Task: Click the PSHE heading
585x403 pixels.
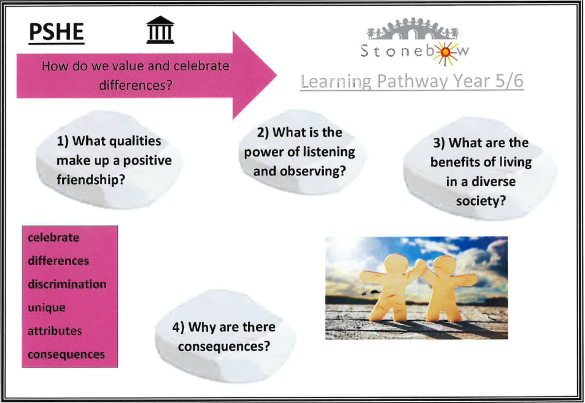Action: (x=57, y=32)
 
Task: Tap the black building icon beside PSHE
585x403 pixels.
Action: (x=160, y=30)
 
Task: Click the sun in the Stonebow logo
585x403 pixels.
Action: (x=444, y=53)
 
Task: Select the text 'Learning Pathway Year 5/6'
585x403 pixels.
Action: (x=411, y=81)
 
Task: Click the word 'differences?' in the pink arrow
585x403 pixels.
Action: (x=136, y=85)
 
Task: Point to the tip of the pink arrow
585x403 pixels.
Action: (x=277, y=75)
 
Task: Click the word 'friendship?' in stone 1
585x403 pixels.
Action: (x=91, y=180)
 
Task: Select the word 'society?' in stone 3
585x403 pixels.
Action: (x=481, y=201)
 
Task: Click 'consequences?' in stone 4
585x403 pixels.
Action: (x=224, y=346)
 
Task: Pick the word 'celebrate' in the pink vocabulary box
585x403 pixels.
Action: (x=53, y=237)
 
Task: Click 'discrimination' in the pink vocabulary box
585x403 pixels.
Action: (x=67, y=284)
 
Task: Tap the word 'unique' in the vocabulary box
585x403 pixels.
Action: (x=47, y=308)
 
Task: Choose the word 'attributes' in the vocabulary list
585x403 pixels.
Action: (x=55, y=331)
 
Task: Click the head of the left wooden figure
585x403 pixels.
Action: (x=396, y=264)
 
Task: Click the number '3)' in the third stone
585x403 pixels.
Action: (x=439, y=143)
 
